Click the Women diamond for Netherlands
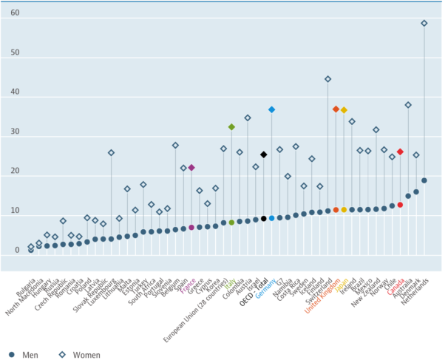pyautogui.click(x=424, y=24)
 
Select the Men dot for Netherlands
pyautogui.click(x=424, y=180)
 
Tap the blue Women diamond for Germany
pyautogui.click(x=272, y=109)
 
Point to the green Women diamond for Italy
pyautogui.click(x=231, y=127)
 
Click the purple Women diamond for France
pyautogui.click(x=191, y=168)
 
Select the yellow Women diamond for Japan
pyautogui.click(x=344, y=110)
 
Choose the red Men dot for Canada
pyautogui.click(x=400, y=205)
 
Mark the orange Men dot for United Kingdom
pyautogui.click(x=336, y=210)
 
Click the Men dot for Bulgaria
pyautogui.click(x=31, y=250)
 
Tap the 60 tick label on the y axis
pyautogui.click(x=16, y=13)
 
